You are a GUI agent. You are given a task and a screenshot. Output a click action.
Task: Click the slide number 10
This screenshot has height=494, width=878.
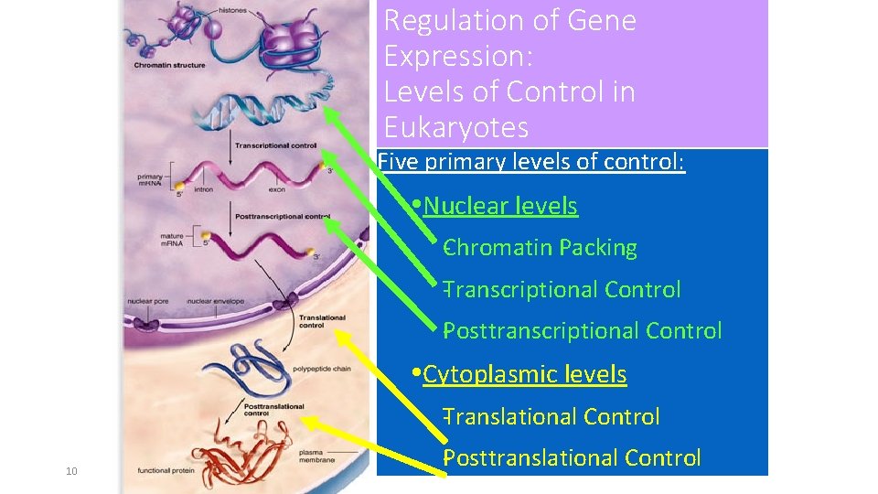pyautogui.click(x=71, y=471)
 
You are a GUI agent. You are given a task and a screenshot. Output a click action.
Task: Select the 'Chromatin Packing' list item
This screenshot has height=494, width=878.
pyautogui.click(x=540, y=248)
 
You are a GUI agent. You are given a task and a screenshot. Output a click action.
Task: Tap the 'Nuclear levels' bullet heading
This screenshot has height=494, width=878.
pyautogui.click(x=500, y=207)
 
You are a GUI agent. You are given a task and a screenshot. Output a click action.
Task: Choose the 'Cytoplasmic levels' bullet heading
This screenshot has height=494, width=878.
pyautogui.click(x=524, y=374)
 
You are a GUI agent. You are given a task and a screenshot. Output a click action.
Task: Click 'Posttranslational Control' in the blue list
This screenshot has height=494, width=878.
pyautogui.click(x=573, y=458)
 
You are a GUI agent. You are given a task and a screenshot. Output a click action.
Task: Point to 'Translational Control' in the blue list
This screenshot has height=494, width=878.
pyautogui.click(x=551, y=417)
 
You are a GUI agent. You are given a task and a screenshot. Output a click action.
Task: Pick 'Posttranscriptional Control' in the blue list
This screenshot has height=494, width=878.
pyautogui.click(x=583, y=331)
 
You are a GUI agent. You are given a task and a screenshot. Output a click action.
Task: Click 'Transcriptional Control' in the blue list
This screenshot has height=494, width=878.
pyautogui.click(x=562, y=290)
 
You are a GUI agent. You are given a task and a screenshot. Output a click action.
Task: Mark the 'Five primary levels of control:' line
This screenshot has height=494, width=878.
pyautogui.click(x=531, y=163)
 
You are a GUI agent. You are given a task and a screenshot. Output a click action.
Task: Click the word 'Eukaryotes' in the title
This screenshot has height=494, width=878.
pyautogui.click(x=456, y=126)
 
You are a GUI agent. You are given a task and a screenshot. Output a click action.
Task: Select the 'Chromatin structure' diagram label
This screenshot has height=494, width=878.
pyautogui.click(x=170, y=65)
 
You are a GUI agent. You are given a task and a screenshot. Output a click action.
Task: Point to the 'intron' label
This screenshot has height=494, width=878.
pyautogui.click(x=203, y=190)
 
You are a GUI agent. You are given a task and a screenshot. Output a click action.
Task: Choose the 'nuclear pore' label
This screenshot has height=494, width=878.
pyautogui.click(x=146, y=301)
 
